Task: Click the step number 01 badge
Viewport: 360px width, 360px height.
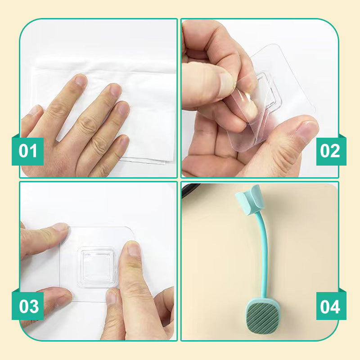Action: [28, 151]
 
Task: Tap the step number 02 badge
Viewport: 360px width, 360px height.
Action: [331, 151]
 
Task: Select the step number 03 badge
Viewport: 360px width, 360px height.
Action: [28, 306]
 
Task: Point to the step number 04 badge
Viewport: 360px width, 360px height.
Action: [331, 306]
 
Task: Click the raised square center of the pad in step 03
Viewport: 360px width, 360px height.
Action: [98, 267]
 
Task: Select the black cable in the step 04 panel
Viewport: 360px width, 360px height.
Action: [190, 190]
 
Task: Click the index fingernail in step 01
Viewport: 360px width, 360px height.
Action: [81, 80]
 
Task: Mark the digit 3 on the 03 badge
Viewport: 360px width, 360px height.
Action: [34, 306]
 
